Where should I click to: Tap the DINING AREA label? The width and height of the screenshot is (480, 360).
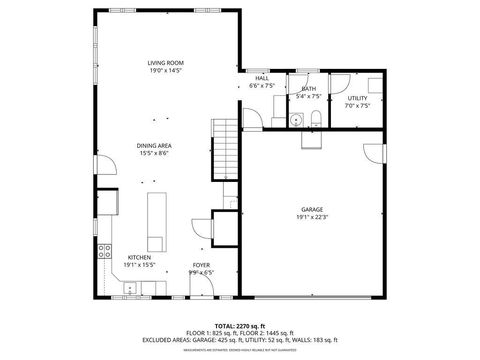click(x=154, y=145)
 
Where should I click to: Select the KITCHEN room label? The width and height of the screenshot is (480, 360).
click(x=139, y=257)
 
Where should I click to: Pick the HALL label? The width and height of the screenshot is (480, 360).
click(x=262, y=78)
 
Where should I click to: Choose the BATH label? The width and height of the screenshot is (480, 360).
click(x=308, y=89)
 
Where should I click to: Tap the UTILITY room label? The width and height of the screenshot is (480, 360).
click(x=357, y=98)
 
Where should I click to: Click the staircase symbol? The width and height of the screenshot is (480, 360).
click(x=225, y=146)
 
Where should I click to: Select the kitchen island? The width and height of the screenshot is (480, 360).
click(x=157, y=221)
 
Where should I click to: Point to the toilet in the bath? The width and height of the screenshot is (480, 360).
click(x=316, y=120)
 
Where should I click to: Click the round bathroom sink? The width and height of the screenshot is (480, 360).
click(x=296, y=121)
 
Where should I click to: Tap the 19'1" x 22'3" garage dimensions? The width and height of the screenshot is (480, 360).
click(x=310, y=218)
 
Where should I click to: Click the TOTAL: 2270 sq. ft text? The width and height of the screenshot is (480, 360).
click(x=239, y=325)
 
